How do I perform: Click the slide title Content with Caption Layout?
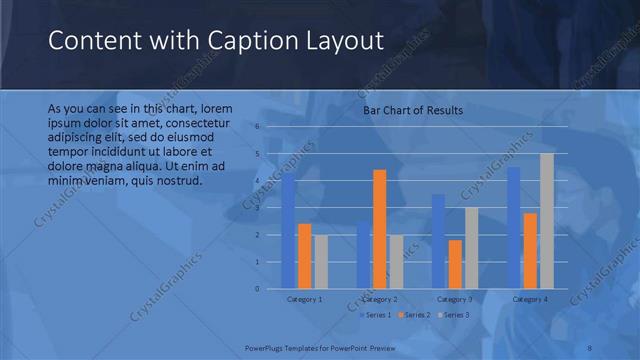(216, 41)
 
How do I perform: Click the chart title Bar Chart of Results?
(413, 110)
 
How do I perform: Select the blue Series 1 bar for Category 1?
(289, 232)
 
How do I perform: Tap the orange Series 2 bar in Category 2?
(380, 229)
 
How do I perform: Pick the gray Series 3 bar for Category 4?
(546, 221)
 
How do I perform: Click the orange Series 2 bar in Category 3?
(455, 264)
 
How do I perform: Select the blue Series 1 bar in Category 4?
(514, 228)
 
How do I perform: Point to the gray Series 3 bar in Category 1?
(320, 262)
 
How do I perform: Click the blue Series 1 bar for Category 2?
(363, 256)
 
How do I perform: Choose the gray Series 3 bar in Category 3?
(471, 248)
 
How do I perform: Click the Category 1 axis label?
(304, 299)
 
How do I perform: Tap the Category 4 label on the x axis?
(530, 299)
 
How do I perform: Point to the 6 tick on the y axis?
(257, 127)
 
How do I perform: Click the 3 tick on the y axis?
(257, 208)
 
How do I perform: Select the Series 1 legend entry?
(375, 315)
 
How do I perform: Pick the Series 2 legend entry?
(414, 315)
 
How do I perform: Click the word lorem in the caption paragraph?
(217, 108)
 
